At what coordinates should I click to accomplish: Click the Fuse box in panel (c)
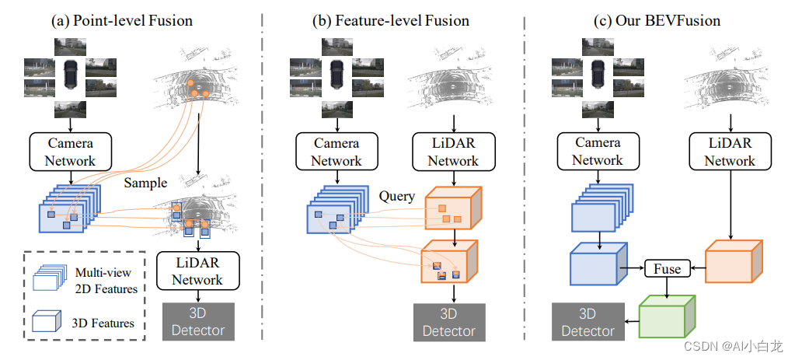668,268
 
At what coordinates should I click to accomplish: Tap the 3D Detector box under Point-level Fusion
198,321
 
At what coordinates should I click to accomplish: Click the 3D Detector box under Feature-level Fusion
449,323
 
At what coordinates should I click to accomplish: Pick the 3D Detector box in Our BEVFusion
588,323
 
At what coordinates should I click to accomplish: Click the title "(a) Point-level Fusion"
122,21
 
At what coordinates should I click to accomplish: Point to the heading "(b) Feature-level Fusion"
390,21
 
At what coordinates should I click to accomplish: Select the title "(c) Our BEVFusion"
657,21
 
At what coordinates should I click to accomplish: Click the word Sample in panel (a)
145,183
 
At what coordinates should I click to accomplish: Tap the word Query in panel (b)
396,196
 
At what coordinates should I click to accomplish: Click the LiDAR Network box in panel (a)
197,271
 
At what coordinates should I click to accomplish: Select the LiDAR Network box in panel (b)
453,152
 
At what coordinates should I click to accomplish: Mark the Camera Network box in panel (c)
598,151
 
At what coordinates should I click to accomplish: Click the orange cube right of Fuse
734,261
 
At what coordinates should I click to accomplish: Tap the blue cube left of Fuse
599,264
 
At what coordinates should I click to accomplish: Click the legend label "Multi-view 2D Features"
106,281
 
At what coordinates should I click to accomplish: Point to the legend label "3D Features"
103,323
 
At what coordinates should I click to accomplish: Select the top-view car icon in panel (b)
336,75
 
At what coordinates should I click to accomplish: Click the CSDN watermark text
733,346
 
